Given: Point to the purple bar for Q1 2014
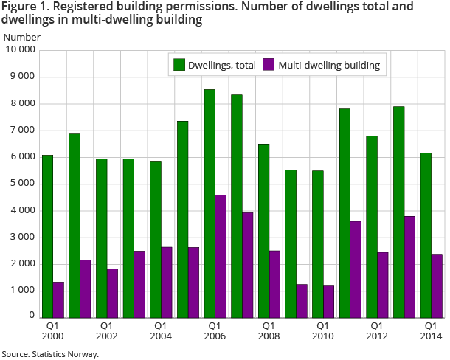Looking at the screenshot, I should (x=437, y=285).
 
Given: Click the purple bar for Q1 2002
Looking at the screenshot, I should (x=112, y=293).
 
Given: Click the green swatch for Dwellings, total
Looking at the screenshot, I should (x=179, y=65).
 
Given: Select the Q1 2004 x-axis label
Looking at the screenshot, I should (x=160, y=330).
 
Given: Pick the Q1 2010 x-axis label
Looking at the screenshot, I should (x=322, y=330).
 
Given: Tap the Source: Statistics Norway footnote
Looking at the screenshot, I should (x=49, y=354).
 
